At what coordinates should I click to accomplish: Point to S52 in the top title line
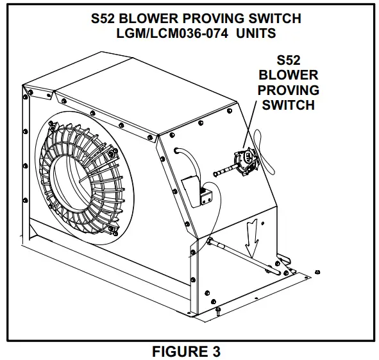pos(106,17)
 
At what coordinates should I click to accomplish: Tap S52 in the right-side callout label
pos(288,61)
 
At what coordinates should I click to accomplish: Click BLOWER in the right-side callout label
pos(288,75)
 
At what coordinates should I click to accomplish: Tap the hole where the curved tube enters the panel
pos(176,151)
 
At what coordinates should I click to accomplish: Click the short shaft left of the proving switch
pos(224,171)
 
